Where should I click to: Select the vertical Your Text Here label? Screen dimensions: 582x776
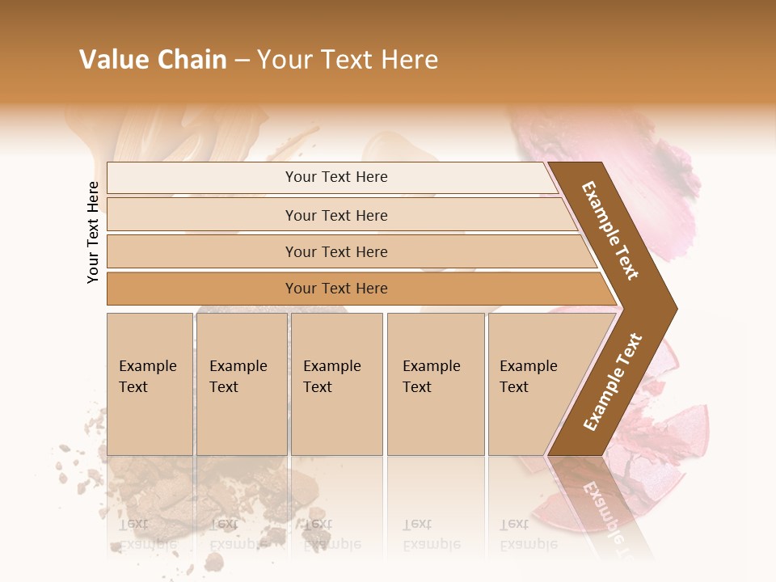tap(93, 232)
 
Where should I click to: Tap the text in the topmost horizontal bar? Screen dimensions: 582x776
tap(336, 177)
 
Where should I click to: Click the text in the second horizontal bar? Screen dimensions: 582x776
tap(336, 216)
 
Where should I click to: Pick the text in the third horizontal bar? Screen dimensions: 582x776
tap(336, 252)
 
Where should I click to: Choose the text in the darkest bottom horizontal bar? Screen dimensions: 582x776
tap(336, 289)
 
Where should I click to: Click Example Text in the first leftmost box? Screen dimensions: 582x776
tap(147, 377)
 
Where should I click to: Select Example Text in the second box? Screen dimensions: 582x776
tap(238, 377)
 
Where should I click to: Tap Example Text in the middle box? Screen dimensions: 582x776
tap(331, 377)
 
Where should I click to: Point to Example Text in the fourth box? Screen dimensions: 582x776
tap(431, 377)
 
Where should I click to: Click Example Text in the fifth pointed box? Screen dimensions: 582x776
tap(528, 377)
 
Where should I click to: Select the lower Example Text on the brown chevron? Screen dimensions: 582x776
tap(613, 382)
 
